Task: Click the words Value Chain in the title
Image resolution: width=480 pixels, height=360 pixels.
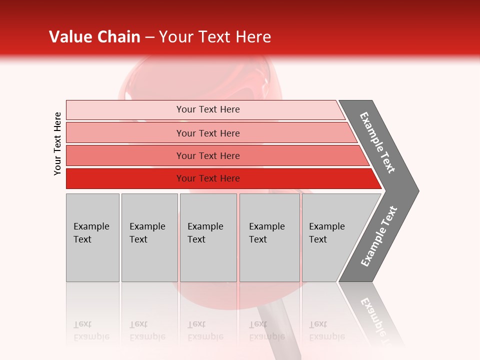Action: [94, 37]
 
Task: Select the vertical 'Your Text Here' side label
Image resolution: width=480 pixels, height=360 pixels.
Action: [57, 143]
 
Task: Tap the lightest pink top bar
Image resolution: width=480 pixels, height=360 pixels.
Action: [125, 109]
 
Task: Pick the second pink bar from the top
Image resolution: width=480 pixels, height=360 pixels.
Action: [125, 133]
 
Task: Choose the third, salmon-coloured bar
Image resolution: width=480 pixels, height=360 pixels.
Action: [125, 155]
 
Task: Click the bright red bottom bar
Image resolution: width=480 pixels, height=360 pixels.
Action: [125, 178]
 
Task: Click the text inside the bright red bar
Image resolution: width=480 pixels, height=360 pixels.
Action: [208, 178]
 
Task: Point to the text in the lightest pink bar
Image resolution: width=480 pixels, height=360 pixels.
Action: [208, 109]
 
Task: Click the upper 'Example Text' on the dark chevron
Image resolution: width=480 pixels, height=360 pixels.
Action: [377, 142]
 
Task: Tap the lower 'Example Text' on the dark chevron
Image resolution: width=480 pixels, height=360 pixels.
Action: [379, 236]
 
